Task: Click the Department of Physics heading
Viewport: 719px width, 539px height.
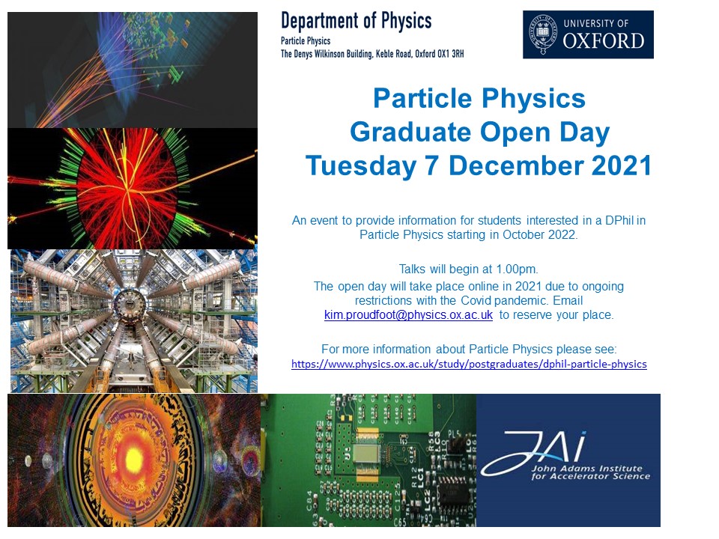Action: click(356, 21)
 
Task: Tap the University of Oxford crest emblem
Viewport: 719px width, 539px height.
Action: click(542, 34)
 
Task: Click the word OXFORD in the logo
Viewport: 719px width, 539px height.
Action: click(604, 41)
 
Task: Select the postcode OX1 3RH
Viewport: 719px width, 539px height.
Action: click(451, 54)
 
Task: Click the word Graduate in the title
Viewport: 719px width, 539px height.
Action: click(410, 132)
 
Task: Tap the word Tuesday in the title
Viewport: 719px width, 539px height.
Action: click(361, 166)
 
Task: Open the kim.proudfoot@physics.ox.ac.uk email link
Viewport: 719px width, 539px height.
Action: click(408, 315)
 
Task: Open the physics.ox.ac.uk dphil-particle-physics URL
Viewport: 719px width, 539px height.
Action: click(469, 365)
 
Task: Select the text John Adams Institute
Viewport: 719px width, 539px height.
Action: click(586, 469)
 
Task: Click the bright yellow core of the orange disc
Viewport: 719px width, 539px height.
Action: click(133, 458)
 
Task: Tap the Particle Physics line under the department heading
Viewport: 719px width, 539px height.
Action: click(306, 41)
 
